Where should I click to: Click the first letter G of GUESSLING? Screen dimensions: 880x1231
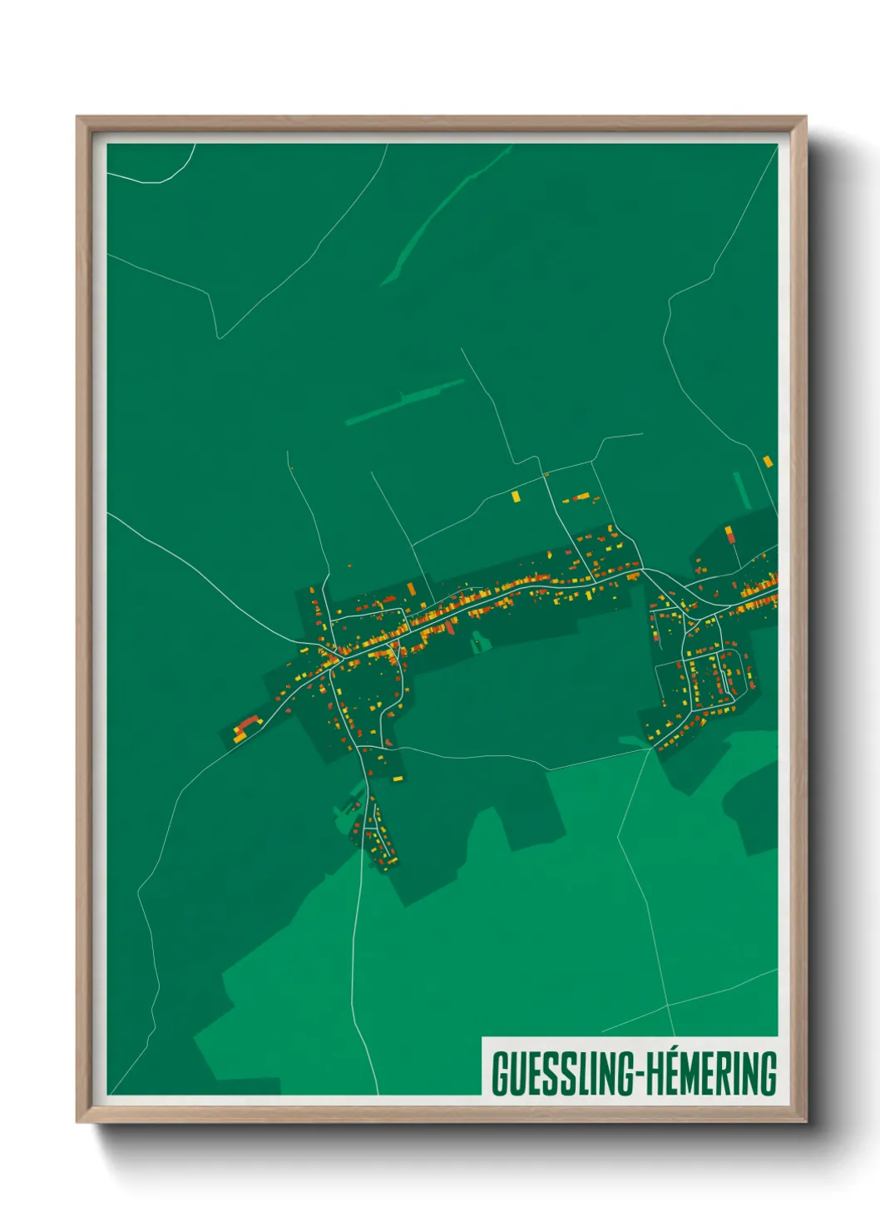click(x=502, y=1074)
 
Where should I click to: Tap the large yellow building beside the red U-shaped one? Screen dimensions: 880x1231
click(x=240, y=737)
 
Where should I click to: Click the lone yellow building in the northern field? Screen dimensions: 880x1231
click(x=516, y=497)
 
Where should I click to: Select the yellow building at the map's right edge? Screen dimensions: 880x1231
click(x=768, y=461)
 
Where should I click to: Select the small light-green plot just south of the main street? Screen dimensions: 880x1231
click(x=477, y=641)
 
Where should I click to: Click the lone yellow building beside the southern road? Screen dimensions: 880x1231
click(x=398, y=779)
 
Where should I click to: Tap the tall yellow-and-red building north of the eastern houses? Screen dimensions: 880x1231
click(x=729, y=533)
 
